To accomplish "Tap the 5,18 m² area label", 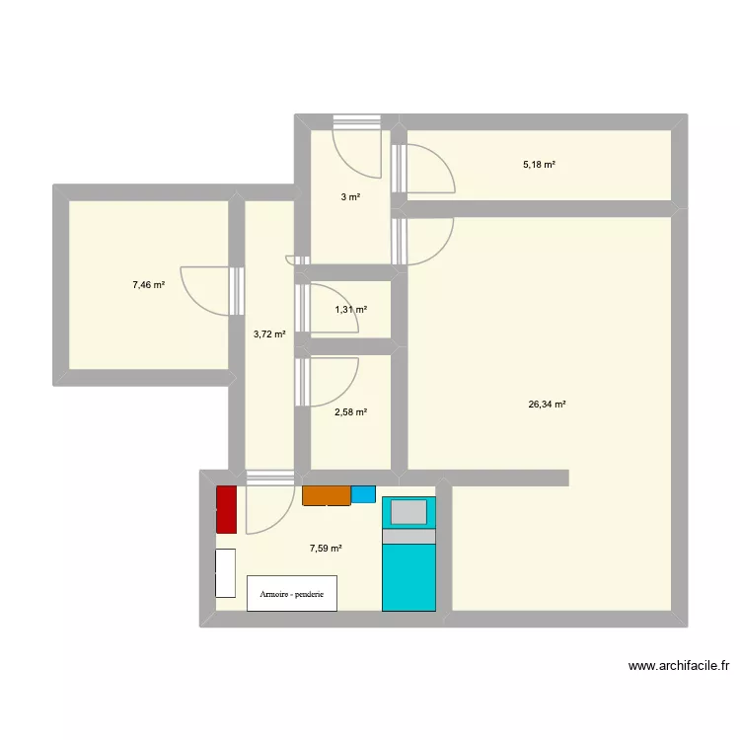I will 539,165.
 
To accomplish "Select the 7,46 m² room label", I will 148,285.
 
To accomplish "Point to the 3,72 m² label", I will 269,334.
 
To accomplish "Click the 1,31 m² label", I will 351,310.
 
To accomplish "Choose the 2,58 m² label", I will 351,412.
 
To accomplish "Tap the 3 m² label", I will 350,197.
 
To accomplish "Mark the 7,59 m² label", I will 326,549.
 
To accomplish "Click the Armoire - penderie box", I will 291,593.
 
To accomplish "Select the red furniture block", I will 226,510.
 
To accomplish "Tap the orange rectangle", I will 327,495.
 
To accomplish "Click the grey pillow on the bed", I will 408,512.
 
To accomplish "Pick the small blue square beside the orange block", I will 363,494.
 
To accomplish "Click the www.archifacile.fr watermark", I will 678,666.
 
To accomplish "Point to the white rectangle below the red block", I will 225,573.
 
